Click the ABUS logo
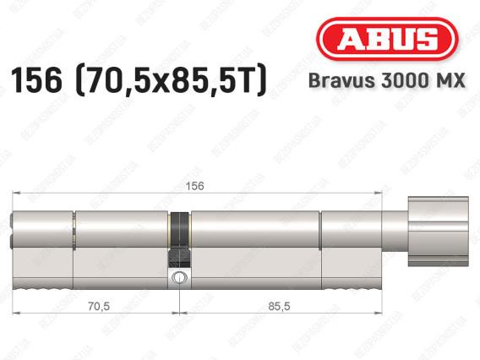387,39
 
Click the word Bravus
341,80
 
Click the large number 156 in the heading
36,80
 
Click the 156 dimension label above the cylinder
194,186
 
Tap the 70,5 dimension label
99,306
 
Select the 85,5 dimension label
279,306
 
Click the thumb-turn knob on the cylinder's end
438,232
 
